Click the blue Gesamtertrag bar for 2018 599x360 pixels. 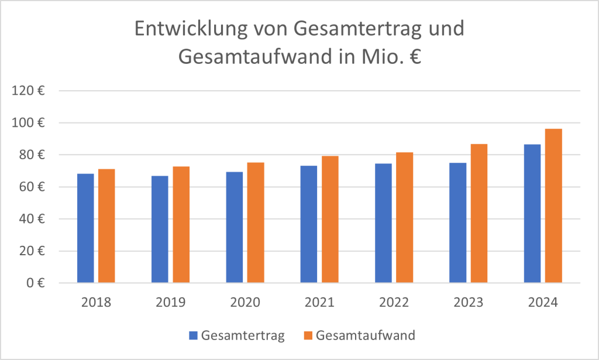(85, 228)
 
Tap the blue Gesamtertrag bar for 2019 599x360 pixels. (160, 229)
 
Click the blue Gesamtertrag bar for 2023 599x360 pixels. (458, 223)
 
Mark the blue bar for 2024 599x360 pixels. (532, 214)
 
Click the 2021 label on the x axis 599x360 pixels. (319, 303)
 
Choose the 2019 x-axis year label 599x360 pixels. (170, 303)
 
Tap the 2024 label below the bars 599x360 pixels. (543, 303)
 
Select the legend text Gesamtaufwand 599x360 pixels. (365, 335)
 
